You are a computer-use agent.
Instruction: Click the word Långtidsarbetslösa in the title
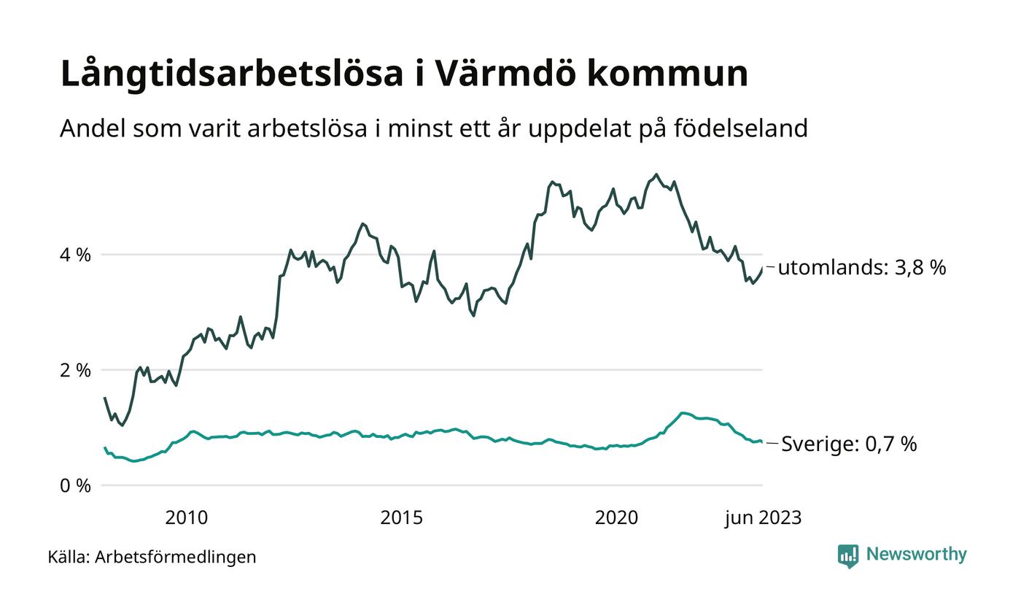232,74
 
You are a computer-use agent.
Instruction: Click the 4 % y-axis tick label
75,255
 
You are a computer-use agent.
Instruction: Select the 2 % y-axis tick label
75,370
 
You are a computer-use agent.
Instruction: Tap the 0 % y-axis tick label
75,485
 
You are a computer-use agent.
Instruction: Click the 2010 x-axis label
186,518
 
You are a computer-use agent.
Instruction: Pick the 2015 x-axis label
401,518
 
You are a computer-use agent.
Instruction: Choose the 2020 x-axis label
616,518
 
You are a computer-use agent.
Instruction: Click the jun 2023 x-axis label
763,518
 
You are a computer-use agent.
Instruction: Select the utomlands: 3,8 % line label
861,268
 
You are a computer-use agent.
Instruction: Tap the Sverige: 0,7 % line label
849,444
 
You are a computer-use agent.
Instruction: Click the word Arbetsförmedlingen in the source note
176,557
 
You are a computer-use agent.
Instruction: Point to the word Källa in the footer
69,557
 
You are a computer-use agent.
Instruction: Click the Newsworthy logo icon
848,555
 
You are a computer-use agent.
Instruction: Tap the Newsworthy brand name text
916,555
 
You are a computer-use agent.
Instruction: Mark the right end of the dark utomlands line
762,268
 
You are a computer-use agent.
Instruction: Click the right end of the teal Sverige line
762,442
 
